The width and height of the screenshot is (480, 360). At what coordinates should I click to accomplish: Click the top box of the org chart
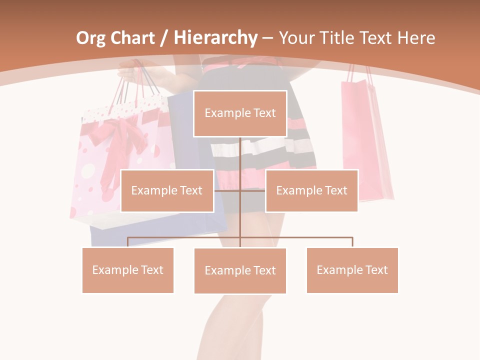click(x=240, y=113)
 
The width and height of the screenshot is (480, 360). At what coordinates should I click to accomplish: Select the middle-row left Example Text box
click(x=167, y=190)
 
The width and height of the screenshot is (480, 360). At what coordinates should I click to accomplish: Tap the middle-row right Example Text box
click(x=311, y=190)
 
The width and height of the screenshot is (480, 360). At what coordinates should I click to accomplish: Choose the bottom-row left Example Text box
click(x=128, y=270)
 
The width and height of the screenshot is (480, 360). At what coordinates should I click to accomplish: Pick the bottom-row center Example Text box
click(x=240, y=270)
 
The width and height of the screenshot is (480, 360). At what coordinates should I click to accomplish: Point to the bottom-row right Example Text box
click(x=352, y=270)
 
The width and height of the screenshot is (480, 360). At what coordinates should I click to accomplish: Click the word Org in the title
click(x=91, y=38)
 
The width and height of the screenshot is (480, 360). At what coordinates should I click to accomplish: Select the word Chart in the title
click(x=132, y=38)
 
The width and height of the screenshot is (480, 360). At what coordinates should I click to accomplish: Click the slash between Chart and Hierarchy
click(x=163, y=38)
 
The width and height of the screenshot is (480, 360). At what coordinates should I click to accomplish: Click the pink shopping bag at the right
click(x=366, y=140)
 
